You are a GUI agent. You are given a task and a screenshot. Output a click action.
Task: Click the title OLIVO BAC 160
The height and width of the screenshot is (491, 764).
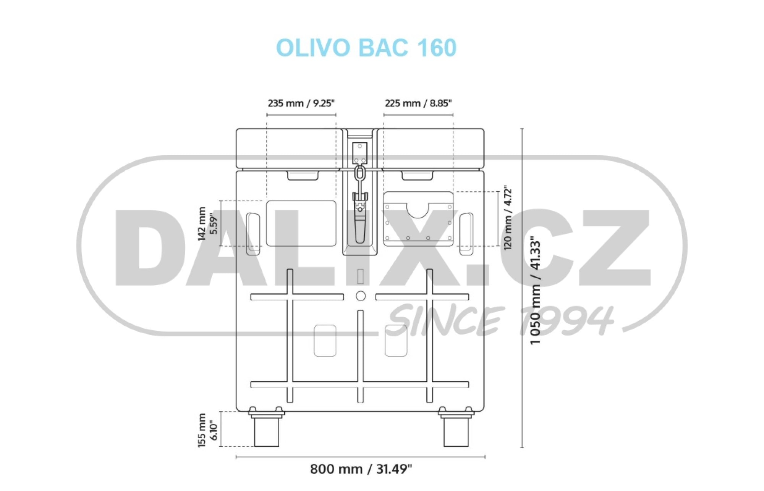pos(366,47)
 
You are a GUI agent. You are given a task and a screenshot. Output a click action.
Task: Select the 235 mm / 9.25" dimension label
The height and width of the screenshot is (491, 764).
pos(301,103)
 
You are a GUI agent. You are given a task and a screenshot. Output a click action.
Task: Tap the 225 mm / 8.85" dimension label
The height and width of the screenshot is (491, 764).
pos(418,103)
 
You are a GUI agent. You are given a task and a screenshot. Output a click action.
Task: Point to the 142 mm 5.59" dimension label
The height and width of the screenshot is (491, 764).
pos(207,224)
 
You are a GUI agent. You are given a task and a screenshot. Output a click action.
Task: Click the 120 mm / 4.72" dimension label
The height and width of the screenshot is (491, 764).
pos(508,218)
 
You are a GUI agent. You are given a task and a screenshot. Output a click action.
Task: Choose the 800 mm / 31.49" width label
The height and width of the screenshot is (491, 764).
pos(361,469)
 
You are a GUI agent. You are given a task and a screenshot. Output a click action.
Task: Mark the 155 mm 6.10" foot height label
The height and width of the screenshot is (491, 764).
pos(207,430)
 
